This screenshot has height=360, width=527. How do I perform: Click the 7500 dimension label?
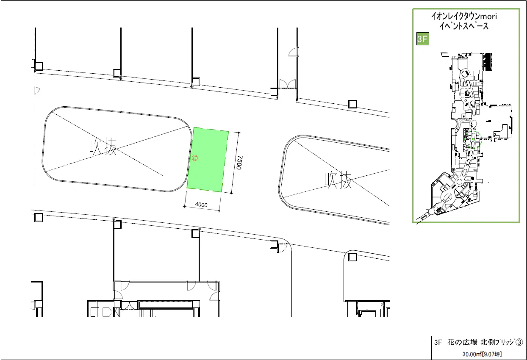click(239, 163)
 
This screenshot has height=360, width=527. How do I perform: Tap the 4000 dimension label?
click(201, 205)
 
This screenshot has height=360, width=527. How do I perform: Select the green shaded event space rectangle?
click(208, 160)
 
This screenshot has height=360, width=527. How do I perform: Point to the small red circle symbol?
click(195, 158)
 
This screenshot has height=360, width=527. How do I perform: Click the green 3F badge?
click(422, 39)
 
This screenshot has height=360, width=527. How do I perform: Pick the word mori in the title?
click(488, 16)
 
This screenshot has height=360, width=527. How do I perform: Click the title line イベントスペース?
click(464, 26)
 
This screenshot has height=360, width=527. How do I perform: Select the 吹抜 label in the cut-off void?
click(338, 180)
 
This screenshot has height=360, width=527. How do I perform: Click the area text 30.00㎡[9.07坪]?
click(482, 354)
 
